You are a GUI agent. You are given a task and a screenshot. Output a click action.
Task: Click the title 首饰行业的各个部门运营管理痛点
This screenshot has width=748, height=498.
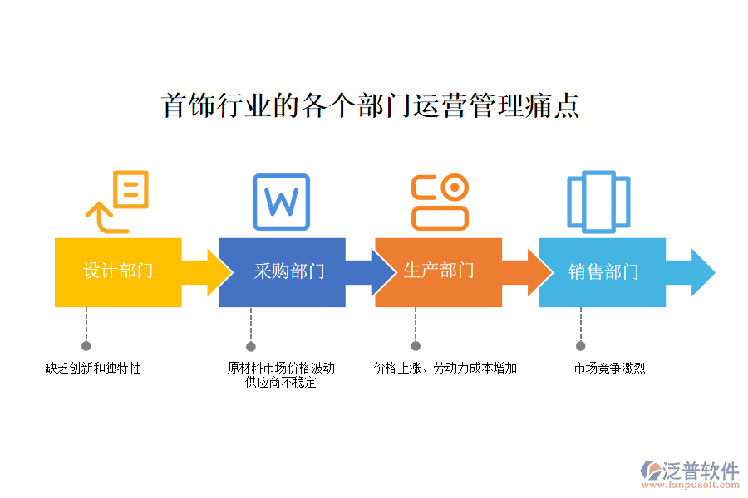[370, 106]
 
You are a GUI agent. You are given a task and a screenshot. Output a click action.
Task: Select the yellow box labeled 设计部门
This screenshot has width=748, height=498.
[118, 271]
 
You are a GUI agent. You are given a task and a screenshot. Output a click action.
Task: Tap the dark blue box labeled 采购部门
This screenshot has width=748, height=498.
[282, 271]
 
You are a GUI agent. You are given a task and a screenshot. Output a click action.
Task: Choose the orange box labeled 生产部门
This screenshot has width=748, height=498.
[438, 271]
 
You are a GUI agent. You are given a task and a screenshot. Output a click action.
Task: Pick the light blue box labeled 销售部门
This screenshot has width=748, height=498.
[603, 271]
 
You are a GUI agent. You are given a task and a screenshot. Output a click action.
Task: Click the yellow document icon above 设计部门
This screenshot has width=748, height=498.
[118, 201]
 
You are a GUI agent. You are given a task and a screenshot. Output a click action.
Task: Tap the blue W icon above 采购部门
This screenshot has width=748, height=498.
[281, 202]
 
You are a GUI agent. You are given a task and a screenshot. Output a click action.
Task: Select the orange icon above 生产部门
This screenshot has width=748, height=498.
[440, 202]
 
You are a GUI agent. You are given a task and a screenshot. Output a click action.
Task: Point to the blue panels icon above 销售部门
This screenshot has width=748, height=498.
[598, 202]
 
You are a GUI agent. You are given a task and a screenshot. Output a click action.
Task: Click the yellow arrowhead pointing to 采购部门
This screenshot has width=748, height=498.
[219, 271]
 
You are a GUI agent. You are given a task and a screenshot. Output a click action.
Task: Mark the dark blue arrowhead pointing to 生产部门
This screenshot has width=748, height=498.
[382, 271]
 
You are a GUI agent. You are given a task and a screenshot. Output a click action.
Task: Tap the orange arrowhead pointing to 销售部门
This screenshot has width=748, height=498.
[539, 271]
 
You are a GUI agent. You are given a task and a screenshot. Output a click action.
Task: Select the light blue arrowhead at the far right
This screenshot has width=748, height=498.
[702, 271]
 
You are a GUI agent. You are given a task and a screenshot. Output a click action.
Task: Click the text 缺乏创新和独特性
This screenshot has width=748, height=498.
[93, 368]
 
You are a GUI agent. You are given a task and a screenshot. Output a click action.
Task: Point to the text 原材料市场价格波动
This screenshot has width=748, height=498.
[281, 368]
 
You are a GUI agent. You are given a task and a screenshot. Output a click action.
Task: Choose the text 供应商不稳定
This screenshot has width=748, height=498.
[281, 383]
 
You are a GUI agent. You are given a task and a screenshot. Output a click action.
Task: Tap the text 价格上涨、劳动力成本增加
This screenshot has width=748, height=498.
[445, 368]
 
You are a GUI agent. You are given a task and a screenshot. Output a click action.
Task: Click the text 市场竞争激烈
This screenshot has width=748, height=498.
[609, 368]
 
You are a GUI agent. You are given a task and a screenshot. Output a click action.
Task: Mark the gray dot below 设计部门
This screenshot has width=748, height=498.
[86, 346]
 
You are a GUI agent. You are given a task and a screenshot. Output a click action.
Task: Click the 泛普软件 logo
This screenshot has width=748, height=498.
[691, 472]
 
